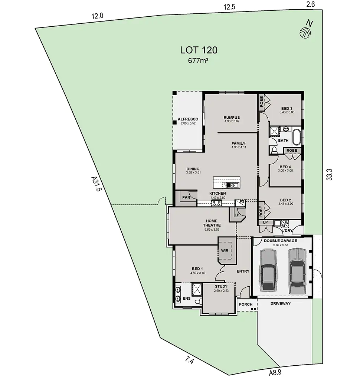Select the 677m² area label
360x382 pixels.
click(198, 61)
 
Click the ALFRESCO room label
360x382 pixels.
click(188, 119)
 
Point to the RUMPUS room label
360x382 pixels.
click(232, 117)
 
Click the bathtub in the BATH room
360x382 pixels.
click(297, 136)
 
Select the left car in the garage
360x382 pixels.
click(269, 270)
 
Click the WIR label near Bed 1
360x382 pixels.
click(225, 251)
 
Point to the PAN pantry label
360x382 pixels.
click(186, 198)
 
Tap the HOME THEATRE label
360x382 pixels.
click(212, 223)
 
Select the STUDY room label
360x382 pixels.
click(221, 286)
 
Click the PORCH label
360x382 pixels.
click(245, 304)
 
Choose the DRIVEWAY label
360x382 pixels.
click(280, 303)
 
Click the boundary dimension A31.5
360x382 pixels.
click(96, 184)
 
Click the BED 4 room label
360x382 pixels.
click(285, 167)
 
